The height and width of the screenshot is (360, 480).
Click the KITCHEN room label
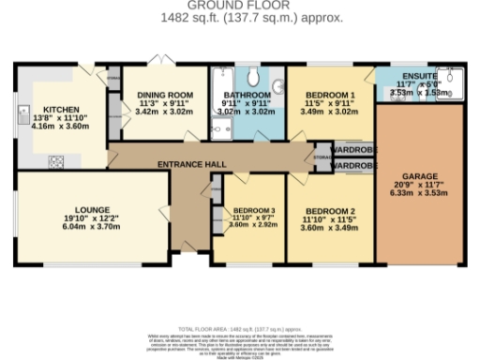(x=45, y=109)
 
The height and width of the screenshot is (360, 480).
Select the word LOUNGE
(x=93, y=209)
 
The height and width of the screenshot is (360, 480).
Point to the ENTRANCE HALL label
(x=190, y=165)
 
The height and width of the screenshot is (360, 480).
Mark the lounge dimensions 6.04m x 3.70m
(x=94, y=226)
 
